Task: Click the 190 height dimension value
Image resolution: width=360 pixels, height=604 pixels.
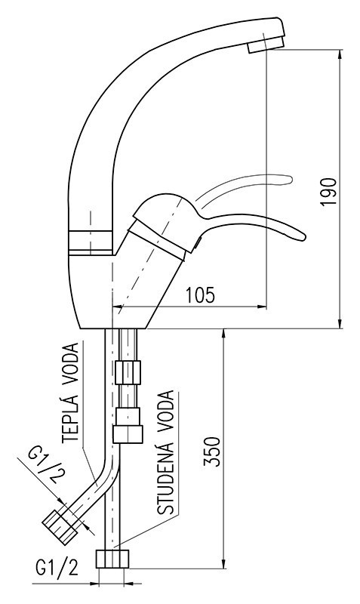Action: click(328, 192)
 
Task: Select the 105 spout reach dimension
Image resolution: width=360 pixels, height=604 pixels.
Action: click(200, 295)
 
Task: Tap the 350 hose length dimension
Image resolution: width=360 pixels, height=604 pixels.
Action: click(212, 451)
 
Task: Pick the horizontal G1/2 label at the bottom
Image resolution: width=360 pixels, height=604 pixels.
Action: click(57, 567)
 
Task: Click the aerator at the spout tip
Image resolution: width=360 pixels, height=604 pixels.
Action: click(266, 45)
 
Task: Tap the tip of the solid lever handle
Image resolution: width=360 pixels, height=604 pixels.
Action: click(304, 236)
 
